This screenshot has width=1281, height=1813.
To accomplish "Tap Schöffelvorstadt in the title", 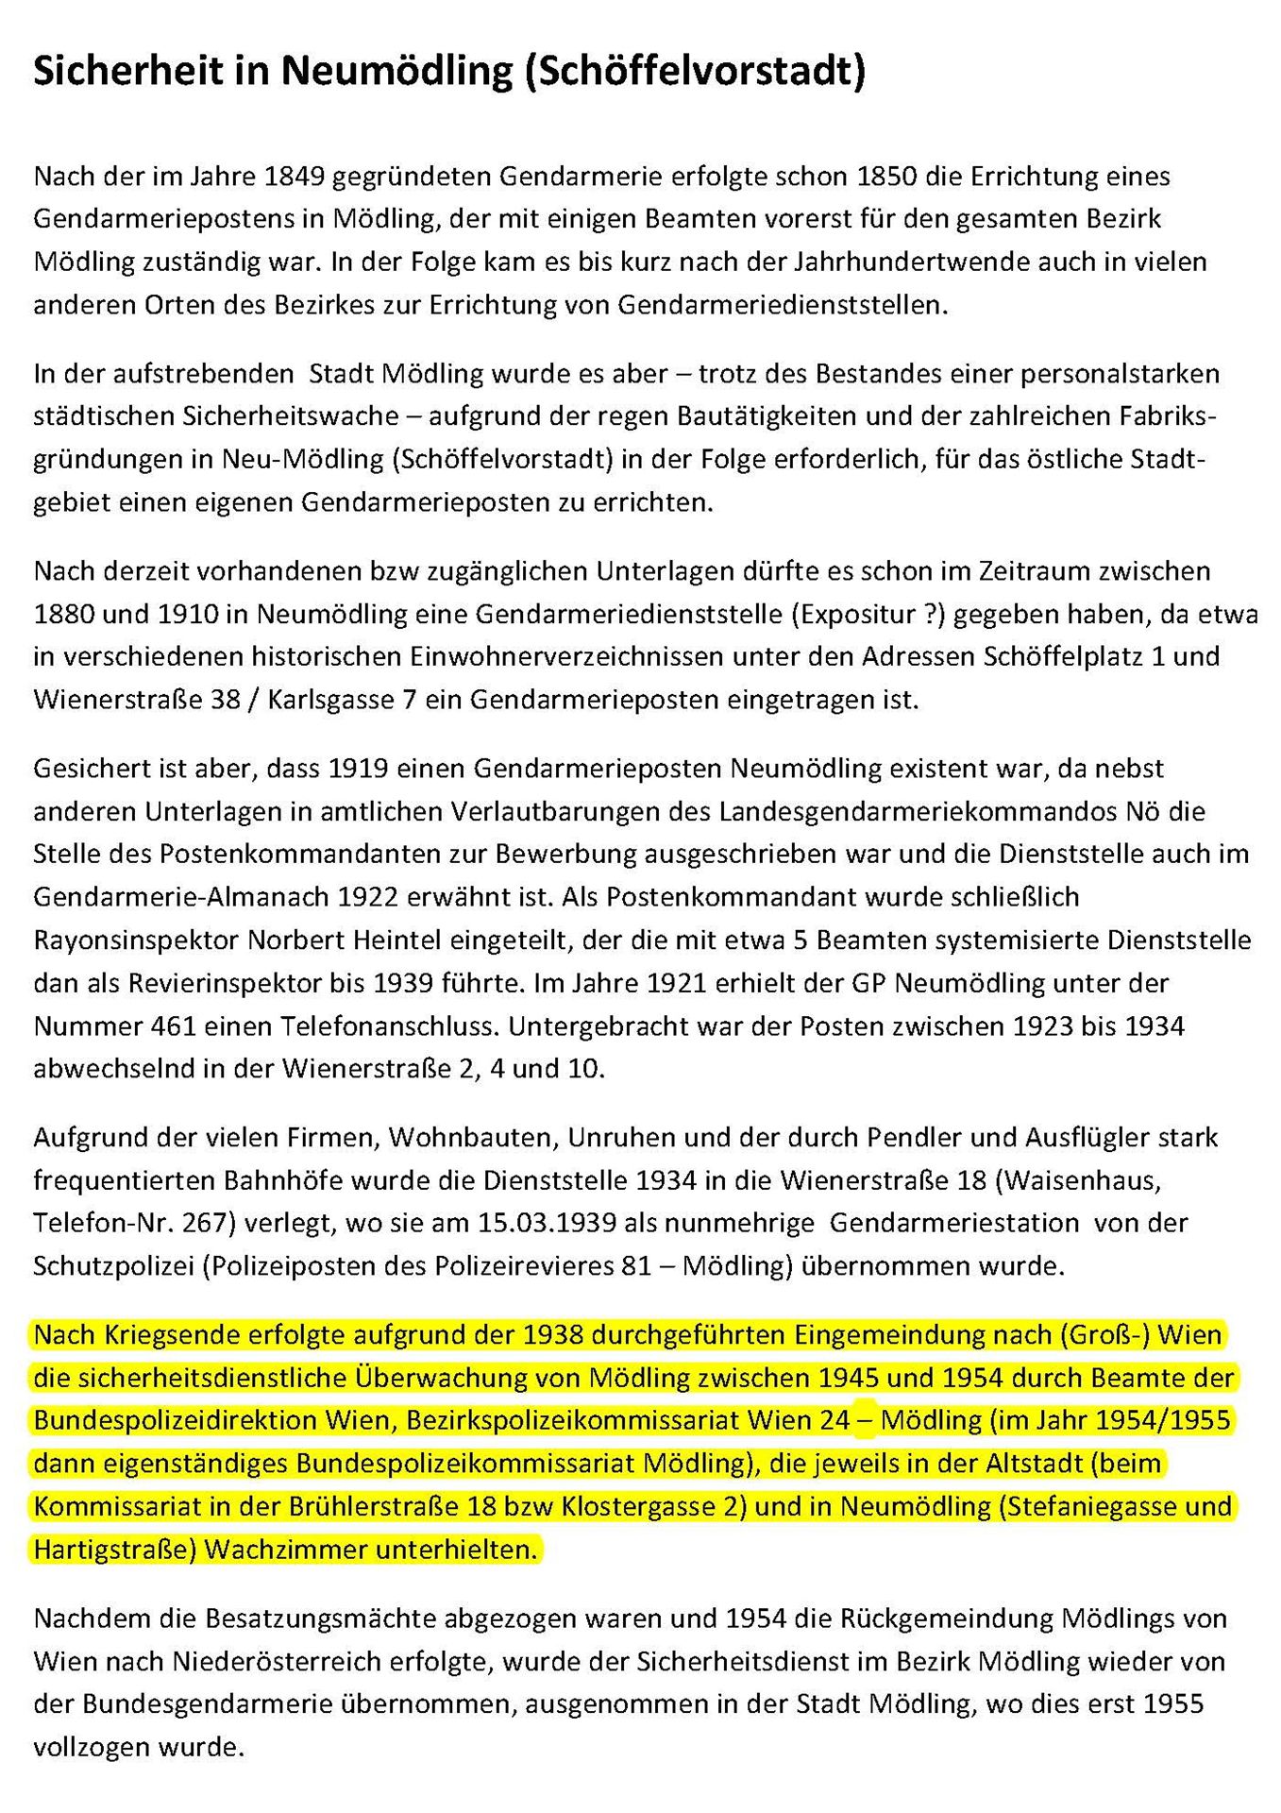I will [x=694, y=71].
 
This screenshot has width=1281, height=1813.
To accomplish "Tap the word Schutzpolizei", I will [x=113, y=1266].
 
